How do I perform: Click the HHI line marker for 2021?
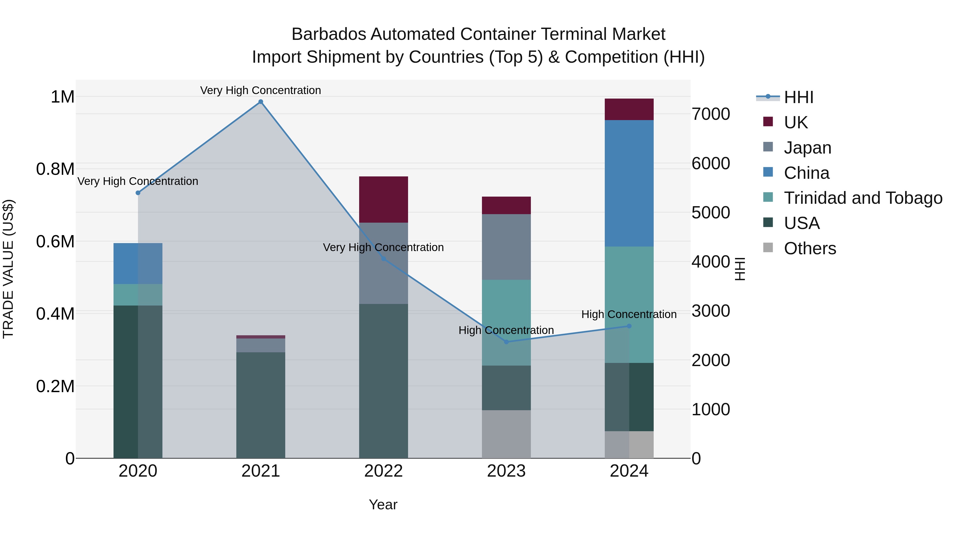tap(261, 102)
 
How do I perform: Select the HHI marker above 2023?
tap(506, 342)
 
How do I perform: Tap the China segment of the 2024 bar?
tap(629, 183)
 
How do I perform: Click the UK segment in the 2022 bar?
tap(383, 199)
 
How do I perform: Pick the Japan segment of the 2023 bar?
tap(506, 247)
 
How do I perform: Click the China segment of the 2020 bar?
tap(138, 263)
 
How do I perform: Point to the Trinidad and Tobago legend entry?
tap(863, 198)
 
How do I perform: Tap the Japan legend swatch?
tap(768, 147)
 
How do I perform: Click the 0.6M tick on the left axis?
tap(55, 242)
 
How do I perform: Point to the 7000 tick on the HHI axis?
tap(710, 114)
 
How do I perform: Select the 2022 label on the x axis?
tap(383, 471)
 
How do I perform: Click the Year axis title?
tap(383, 505)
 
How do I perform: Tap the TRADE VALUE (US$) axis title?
tap(8, 269)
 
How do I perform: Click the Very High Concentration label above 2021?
tap(261, 90)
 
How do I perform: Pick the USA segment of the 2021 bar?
tap(261, 405)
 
